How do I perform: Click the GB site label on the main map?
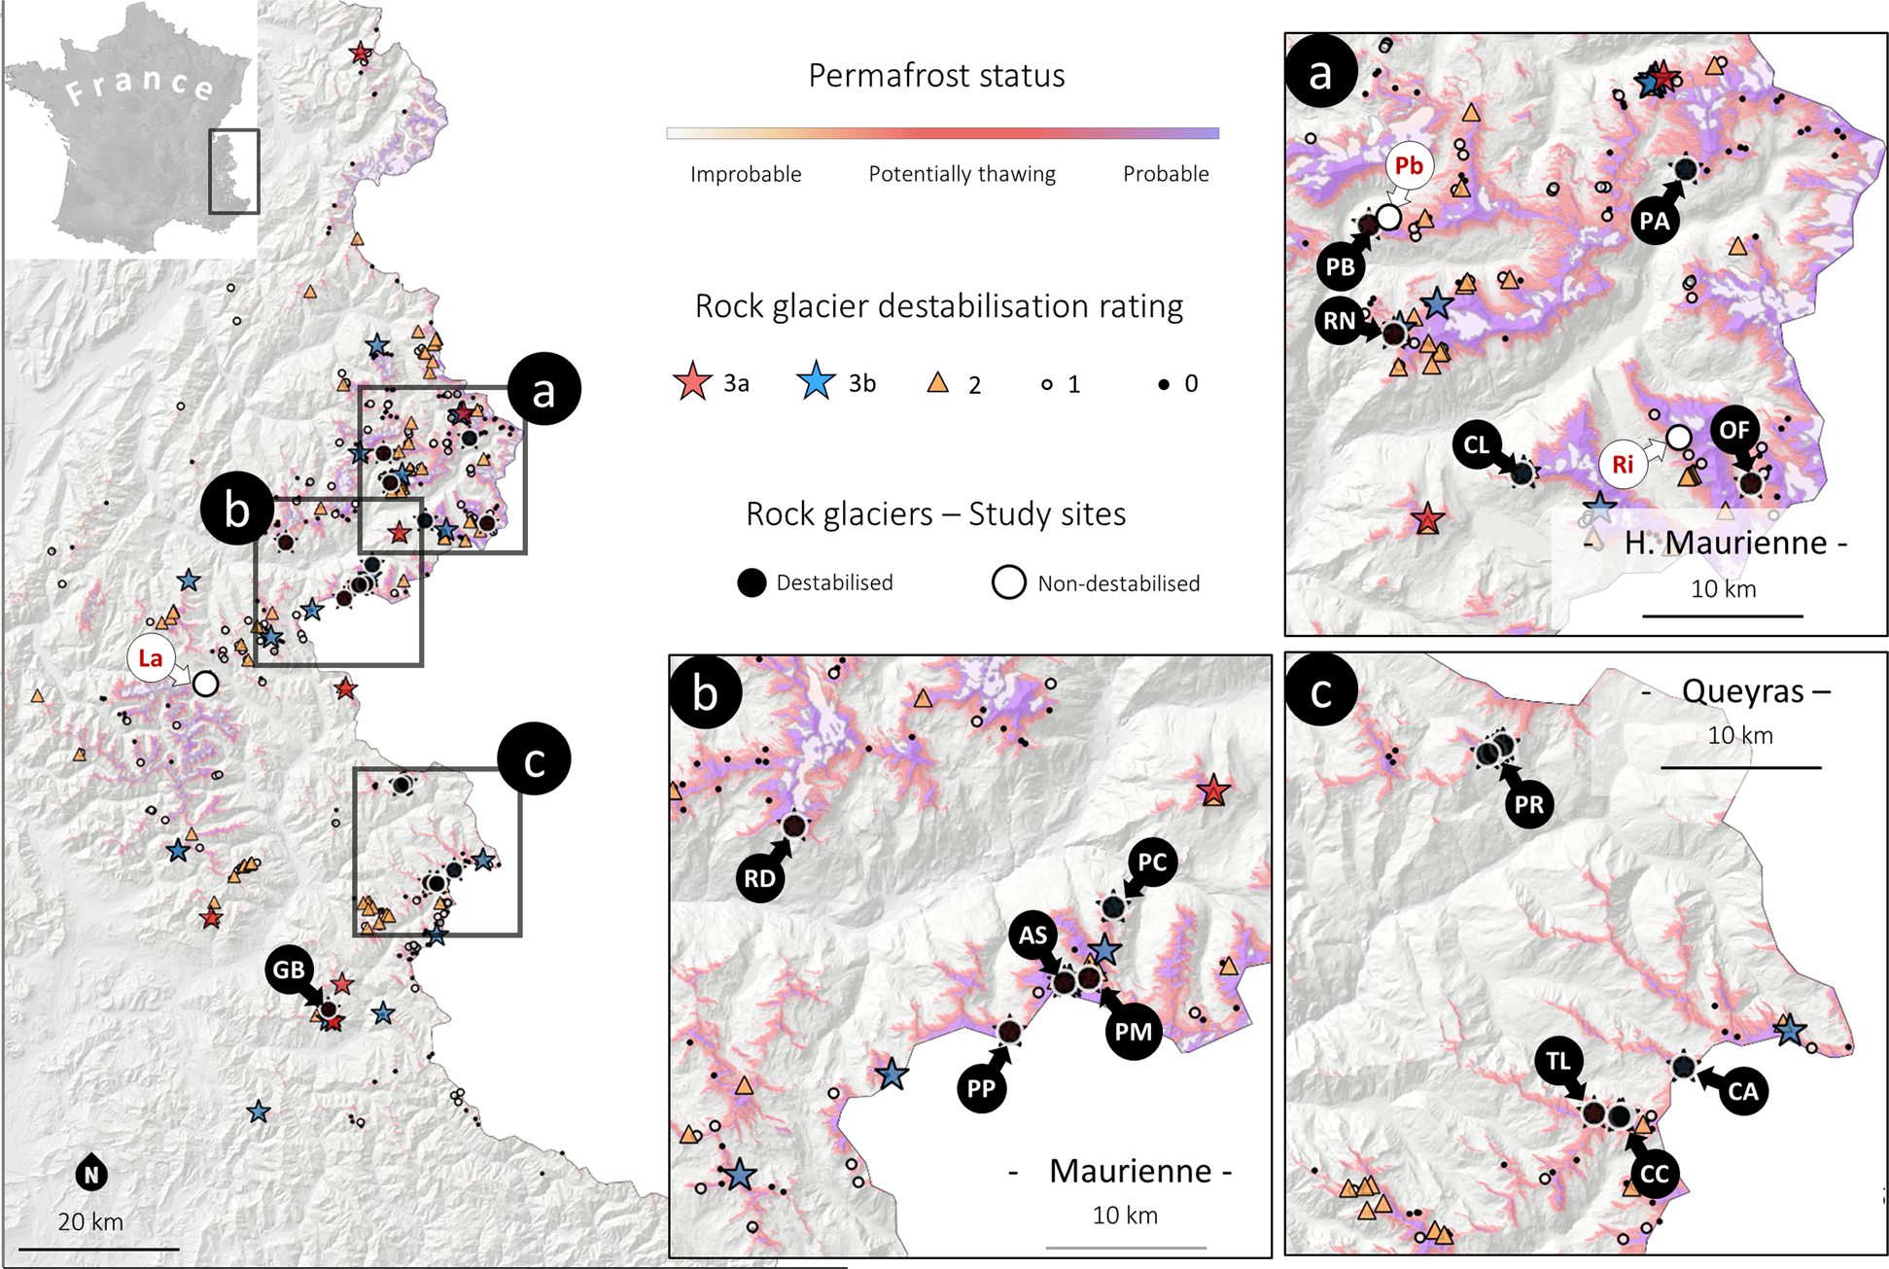pos(289,969)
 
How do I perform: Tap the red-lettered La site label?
pos(151,658)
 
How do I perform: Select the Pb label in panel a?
pos(1409,165)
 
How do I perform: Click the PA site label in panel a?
pos(1655,221)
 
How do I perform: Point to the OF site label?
pos(1735,430)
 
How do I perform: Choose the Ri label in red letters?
pos(1623,464)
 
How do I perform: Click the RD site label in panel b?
pos(760,878)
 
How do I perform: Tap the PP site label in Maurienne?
pos(982,1088)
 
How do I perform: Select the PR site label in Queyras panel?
pos(1529,804)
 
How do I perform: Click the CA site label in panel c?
pos(1742,1091)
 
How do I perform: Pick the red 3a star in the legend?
pos(692,383)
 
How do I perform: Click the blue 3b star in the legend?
pos(817,382)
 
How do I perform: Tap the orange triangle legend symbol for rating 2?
pos(938,383)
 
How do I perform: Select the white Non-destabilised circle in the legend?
pos(1009,582)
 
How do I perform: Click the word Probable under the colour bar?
pos(1166,174)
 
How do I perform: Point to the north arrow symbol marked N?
pos(91,1174)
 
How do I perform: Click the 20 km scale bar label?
pos(90,1221)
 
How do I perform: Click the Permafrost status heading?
pos(936,76)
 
